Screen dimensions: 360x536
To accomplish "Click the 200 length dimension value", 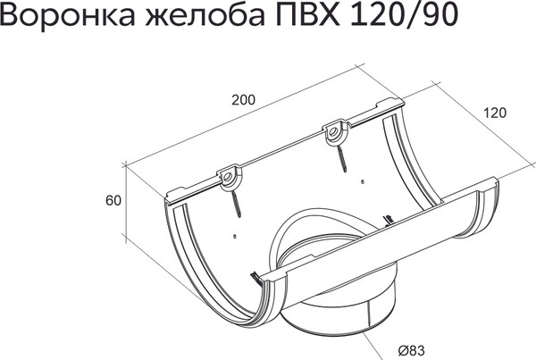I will [x=242, y=99].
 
